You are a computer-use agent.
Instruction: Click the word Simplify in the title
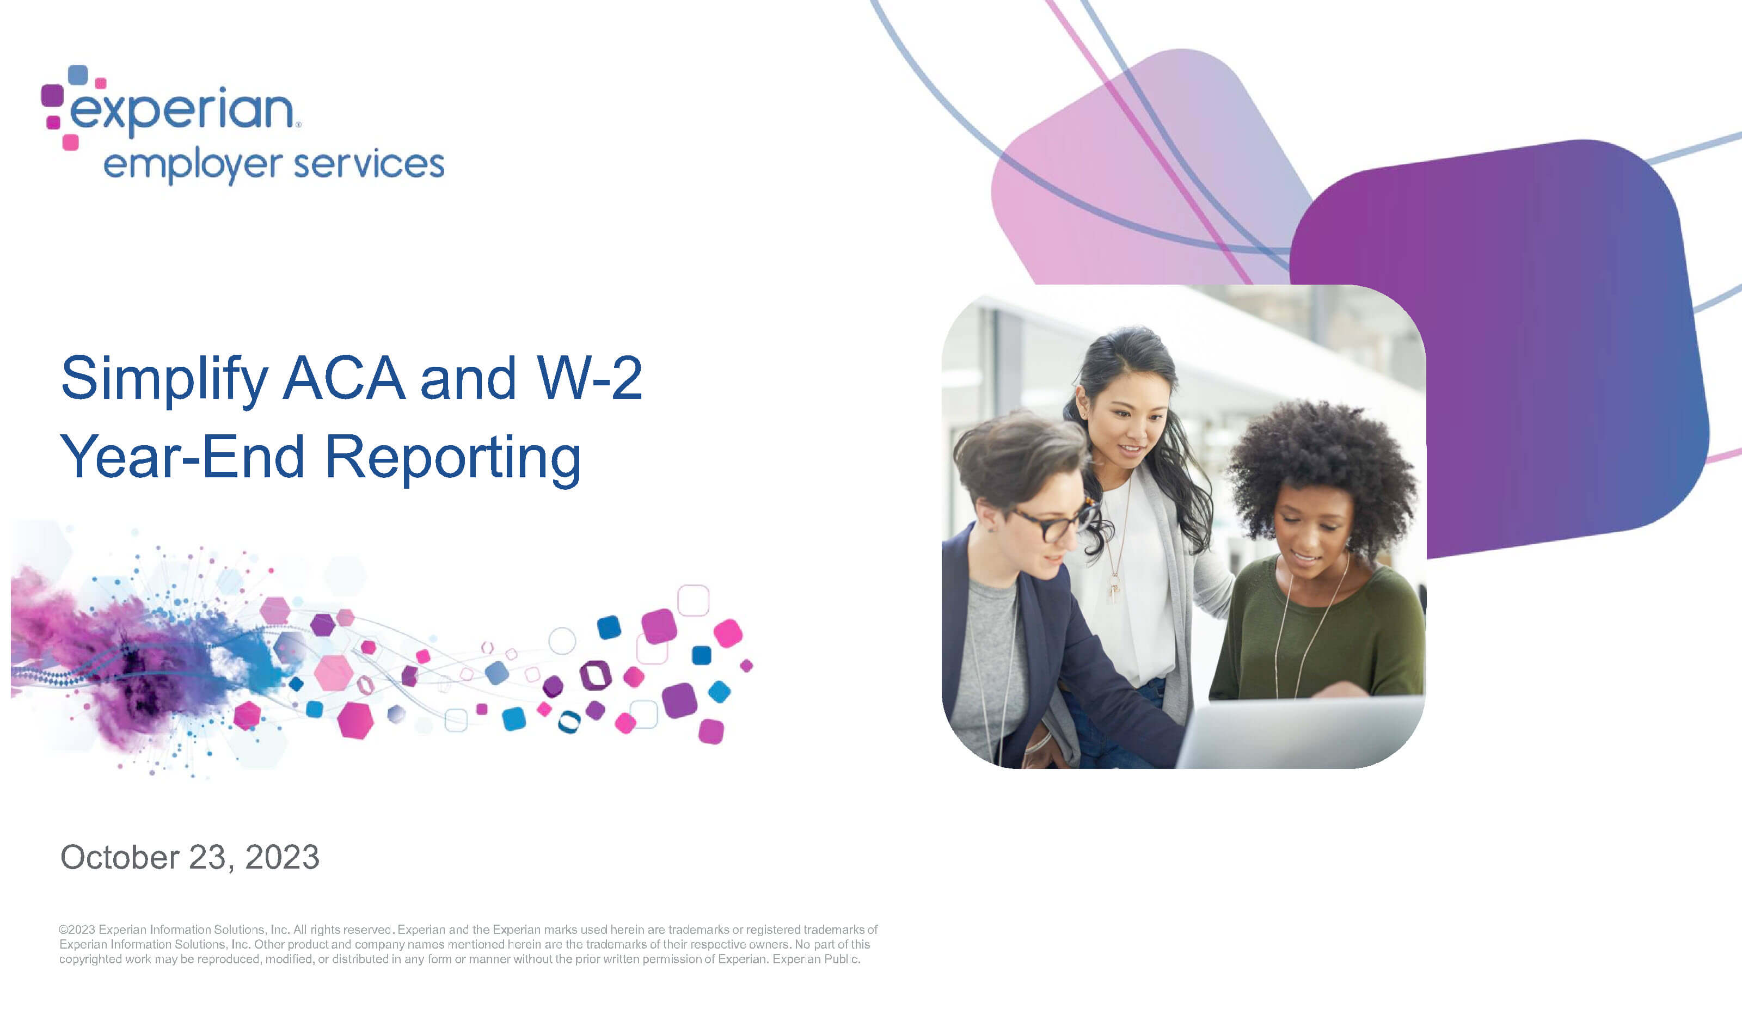164,379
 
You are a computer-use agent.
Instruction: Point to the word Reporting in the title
453,459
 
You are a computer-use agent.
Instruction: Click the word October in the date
120,857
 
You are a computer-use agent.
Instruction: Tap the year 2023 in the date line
282,857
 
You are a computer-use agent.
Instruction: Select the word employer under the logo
193,167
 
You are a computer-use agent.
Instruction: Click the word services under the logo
369,164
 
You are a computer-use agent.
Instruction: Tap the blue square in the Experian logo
78,75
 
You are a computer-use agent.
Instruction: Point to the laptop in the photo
1299,733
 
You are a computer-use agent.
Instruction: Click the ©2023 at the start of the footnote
77,930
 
